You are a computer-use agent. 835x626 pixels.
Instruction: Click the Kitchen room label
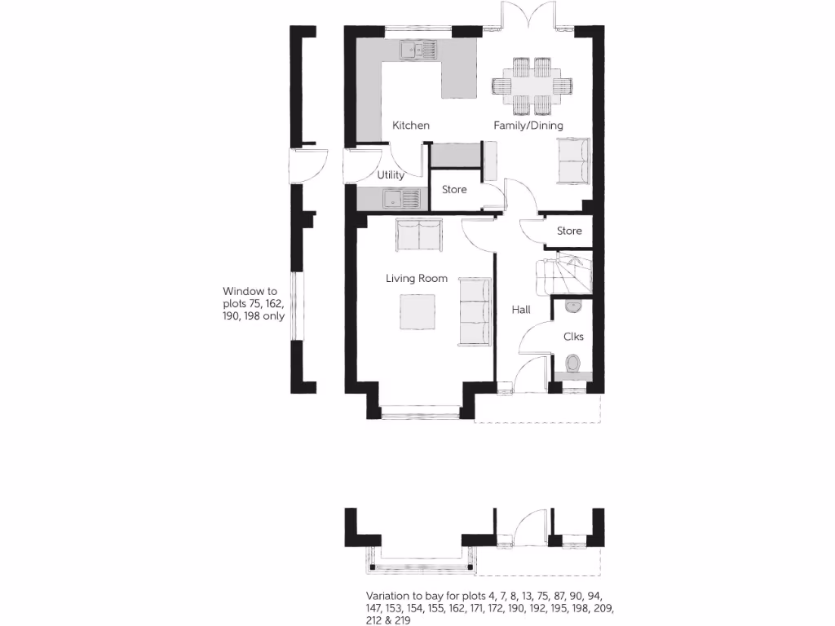pos(411,126)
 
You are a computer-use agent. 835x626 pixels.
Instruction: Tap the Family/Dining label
pos(528,126)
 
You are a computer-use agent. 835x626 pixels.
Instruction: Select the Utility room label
pos(391,175)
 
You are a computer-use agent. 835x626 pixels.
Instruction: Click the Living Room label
pos(417,279)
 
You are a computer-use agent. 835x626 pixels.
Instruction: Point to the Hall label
pos(521,310)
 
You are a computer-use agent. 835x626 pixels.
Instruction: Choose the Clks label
pos(573,336)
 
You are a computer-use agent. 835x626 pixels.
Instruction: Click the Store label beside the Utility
pos(454,190)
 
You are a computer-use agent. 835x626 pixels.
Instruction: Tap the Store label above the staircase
pos(569,231)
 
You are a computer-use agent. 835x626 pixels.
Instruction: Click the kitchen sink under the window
pos(419,51)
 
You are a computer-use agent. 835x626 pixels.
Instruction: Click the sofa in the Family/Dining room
pos(574,161)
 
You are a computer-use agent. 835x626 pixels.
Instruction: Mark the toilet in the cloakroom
pos(572,364)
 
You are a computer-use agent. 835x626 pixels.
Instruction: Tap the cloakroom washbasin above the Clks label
pos(572,306)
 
